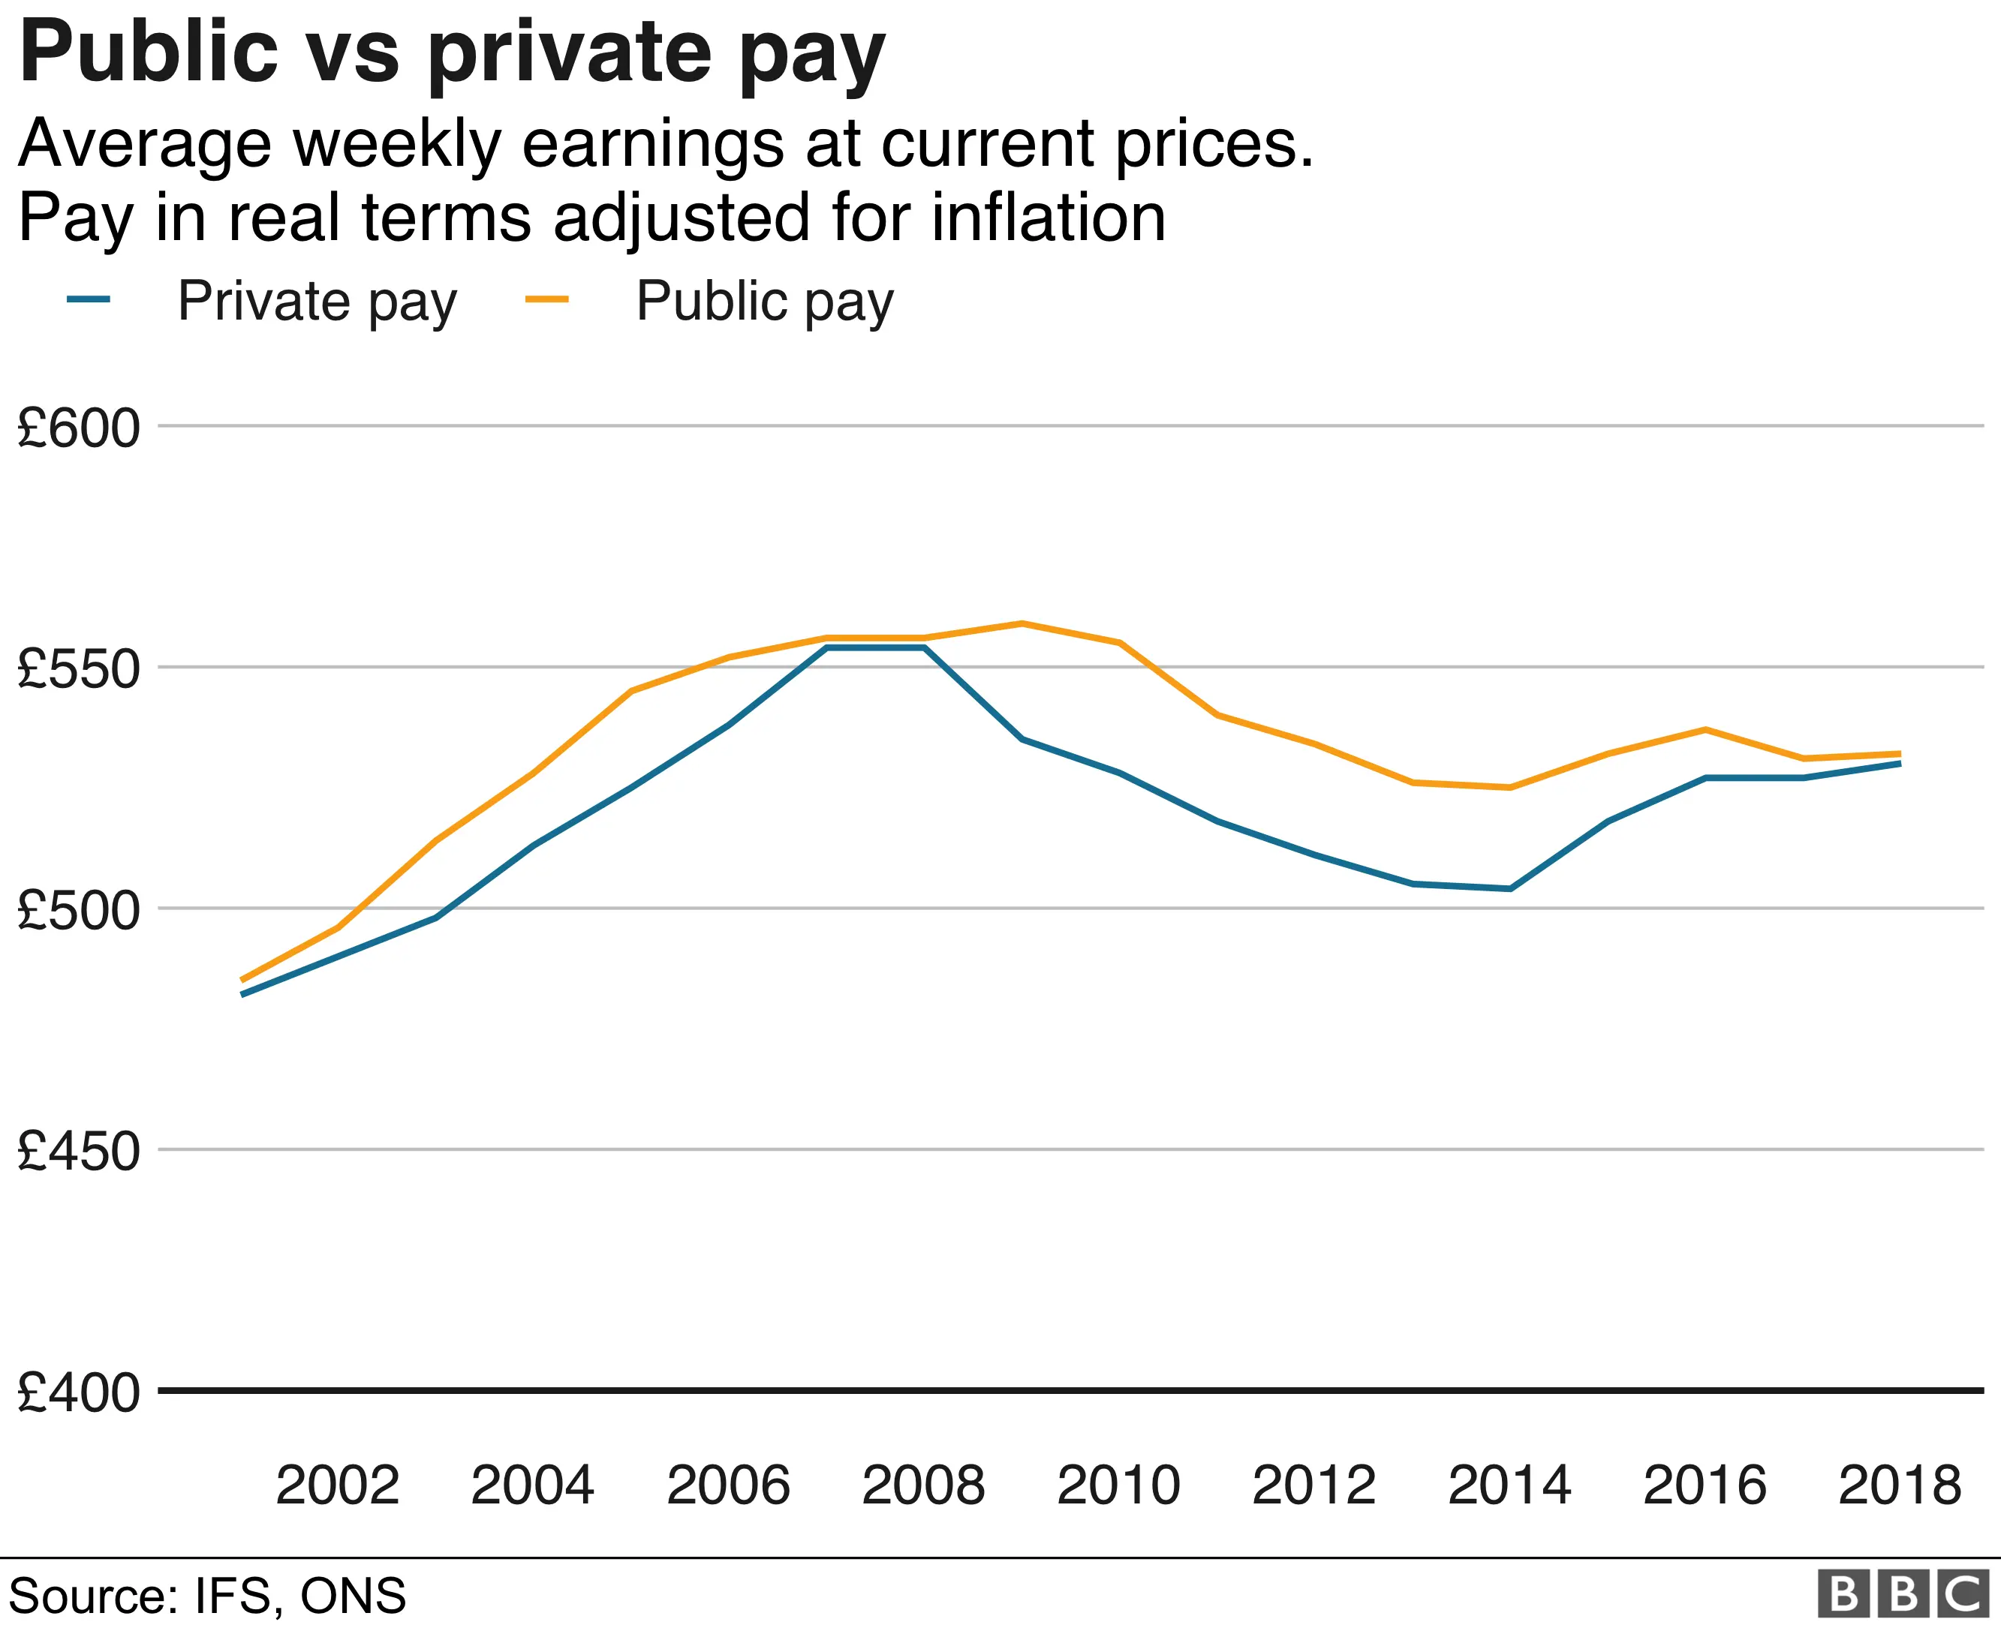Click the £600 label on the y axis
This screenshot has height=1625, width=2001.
point(79,428)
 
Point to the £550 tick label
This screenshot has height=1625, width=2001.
point(79,669)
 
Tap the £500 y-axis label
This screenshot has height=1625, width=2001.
point(79,910)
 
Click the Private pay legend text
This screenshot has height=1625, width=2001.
point(317,302)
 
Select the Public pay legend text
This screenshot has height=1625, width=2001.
point(765,302)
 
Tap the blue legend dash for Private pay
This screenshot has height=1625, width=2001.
point(89,299)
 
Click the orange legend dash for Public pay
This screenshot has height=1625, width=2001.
point(547,299)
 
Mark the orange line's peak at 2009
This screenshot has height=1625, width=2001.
point(1022,623)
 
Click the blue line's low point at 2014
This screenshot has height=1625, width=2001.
point(1509,888)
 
